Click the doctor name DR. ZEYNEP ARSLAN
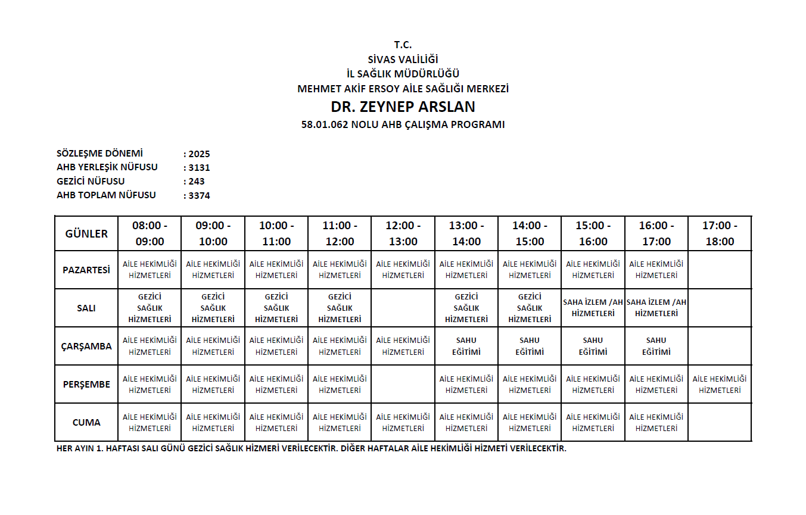pyautogui.click(x=403, y=107)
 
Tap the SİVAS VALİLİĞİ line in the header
pyautogui.click(x=403, y=59)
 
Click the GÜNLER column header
pyautogui.click(x=86, y=233)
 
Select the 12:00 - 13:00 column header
pyautogui.click(x=403, y=233)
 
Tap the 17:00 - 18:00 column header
pyautogui.click(x=720, y=233)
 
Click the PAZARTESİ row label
pyautogui.click(x=86, y=270)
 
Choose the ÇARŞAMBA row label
pyautogui.click(x=86, y=346)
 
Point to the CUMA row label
pyautogui.click(x=86, y=422)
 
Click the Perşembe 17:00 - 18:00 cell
pyautogui.click(x=720, y=384)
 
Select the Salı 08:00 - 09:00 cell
pyautogui.click(x=150, y=308)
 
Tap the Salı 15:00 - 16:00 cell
pyautogui.click(x=593, y=308)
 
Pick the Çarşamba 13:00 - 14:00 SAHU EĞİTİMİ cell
pyautogui.click(x=466, y=346)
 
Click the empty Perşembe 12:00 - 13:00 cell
pyautogui.click(x=403, y=384)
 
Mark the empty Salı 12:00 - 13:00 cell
pyautogui.click(x=403, y=308)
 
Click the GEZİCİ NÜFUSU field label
pyautogui.click(x=91, y=182)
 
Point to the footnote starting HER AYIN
pyautogui.click(x=311, y=448)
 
